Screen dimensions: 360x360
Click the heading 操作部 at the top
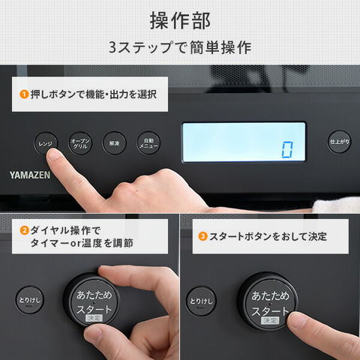180,19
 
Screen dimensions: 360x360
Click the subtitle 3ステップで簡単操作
180,46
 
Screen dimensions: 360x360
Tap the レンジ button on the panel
46,142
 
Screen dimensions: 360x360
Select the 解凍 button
114,142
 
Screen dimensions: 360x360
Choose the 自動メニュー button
148,142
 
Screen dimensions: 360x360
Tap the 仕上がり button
339,142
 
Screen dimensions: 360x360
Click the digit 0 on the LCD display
286,149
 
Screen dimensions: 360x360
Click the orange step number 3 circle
202,236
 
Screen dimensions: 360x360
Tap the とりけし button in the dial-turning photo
29,300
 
